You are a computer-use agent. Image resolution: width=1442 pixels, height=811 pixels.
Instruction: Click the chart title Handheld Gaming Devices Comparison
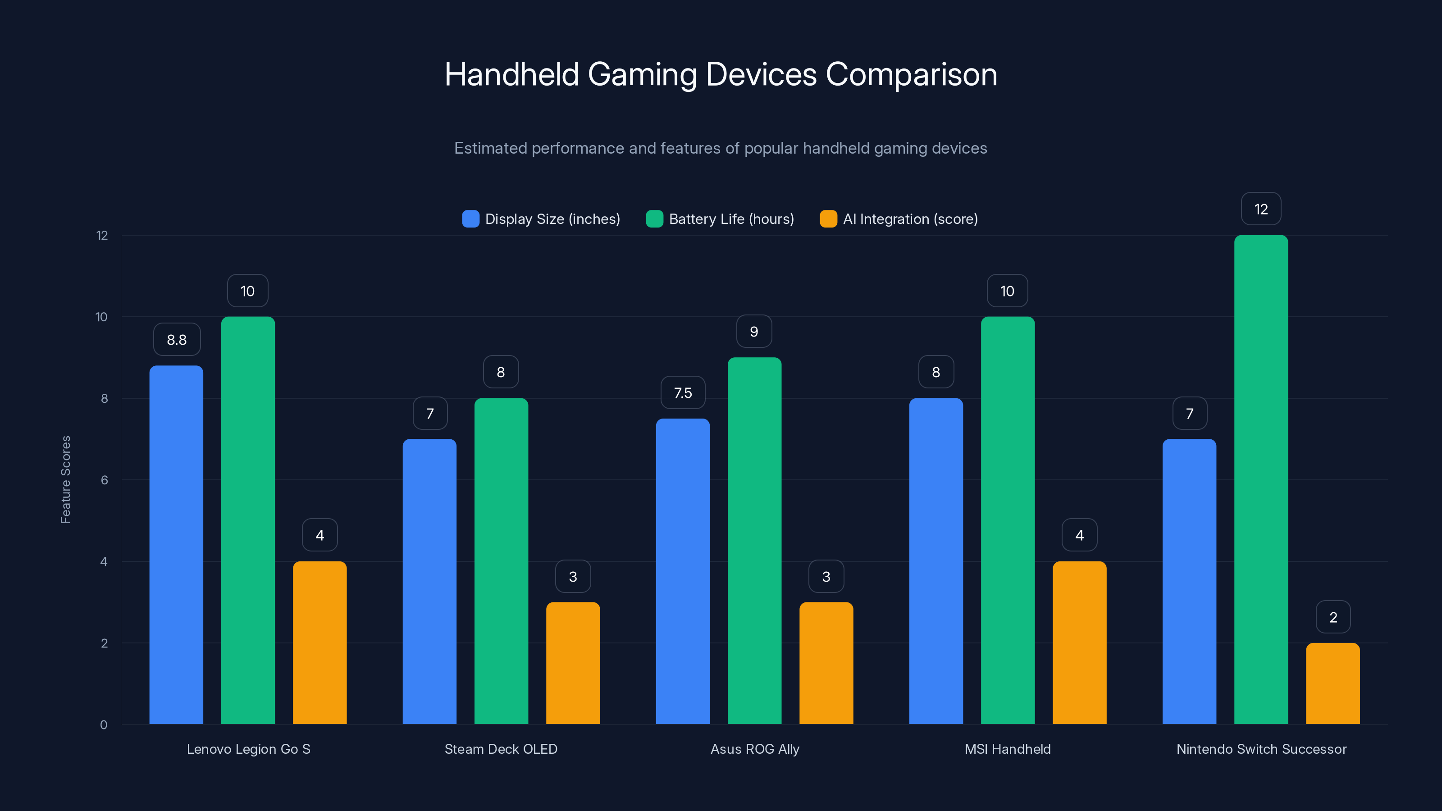tap(721, 74)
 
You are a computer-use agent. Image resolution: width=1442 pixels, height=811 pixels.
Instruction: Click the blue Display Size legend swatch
tap(470, 219)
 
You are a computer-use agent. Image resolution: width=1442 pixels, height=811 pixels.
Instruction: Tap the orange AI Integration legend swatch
tap(828, 219)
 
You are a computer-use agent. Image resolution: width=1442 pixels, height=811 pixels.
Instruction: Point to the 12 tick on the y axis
tap(102, 236)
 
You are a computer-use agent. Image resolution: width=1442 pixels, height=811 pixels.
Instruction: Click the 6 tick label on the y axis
tap(104, 480)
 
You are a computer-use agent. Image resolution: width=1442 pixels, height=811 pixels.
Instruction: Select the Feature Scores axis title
tap(65, 480)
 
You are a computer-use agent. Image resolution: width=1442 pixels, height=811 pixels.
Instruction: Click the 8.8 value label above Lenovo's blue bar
tap(177, 340)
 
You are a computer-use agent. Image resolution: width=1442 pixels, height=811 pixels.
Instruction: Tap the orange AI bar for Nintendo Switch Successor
tap(1332, 683)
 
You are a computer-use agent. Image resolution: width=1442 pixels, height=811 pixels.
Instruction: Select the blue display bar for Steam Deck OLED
tap(429, 582)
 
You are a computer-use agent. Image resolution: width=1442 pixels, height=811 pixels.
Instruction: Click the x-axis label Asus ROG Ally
tap(755, 749)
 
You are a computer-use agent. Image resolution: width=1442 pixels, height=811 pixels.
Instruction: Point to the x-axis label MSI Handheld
tap(1007, 749)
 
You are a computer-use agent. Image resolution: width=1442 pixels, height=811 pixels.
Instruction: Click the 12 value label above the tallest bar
tap(1261, 210)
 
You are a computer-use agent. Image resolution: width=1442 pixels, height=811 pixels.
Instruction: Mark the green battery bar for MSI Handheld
tap(1008, 520)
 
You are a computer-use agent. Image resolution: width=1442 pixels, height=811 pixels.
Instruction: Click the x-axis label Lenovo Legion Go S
tap(249, 749)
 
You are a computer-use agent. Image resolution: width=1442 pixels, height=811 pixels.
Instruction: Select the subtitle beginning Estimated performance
tap(721, 148)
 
